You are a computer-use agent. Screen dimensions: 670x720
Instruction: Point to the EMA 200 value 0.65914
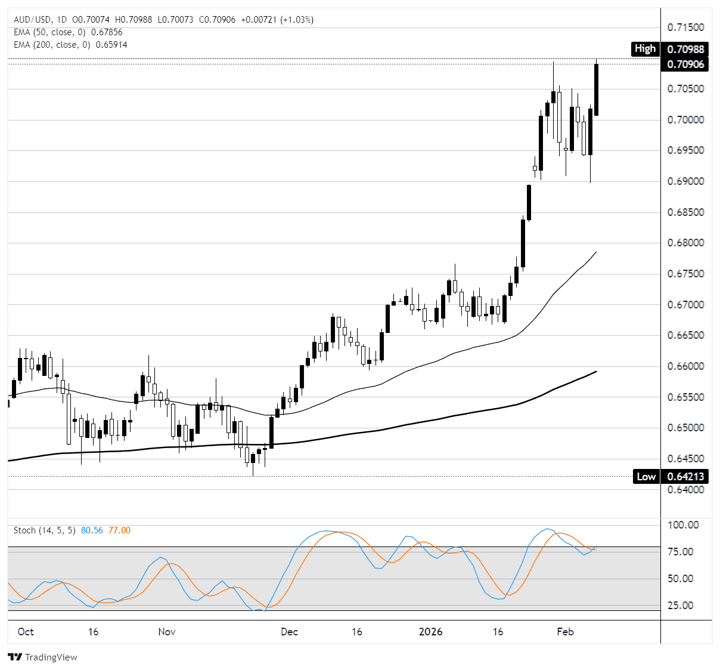pos(109,45)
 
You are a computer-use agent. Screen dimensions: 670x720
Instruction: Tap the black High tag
pos(645,49)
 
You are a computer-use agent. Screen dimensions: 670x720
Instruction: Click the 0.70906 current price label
pos(685,64)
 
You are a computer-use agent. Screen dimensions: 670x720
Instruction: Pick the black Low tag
pos(646,477)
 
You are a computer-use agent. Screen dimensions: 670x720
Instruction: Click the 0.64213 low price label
pos(685,477)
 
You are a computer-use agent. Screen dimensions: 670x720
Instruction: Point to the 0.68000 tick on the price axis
pos(685,243)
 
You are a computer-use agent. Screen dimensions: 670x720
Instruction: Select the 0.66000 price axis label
pos(685,366)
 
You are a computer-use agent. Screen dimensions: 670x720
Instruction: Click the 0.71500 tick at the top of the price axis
pos(685,27)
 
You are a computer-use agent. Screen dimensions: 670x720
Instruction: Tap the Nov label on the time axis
pos(167,632)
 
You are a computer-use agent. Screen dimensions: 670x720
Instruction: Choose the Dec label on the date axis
pos(289,632)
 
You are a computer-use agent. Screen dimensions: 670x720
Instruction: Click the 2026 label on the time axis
pos(430,632)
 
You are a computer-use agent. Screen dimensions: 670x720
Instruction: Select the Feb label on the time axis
pos(565,632)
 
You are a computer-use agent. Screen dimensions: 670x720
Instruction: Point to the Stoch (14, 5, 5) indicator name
pos(45,530)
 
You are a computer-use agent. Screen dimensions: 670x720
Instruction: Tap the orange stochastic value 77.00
pos(119,530)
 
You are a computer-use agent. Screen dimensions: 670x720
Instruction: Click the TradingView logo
pos(43,657)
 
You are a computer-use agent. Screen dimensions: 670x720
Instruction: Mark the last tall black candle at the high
pos(596,89)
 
